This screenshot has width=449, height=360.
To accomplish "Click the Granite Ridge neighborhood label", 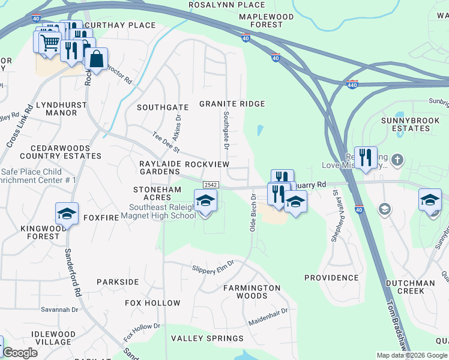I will tap(232, 104).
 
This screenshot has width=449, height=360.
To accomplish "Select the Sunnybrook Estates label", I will tap(406, 124).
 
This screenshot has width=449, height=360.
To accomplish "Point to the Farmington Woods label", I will tap(252, 292).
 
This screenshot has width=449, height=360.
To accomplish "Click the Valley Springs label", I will tap(207, 338).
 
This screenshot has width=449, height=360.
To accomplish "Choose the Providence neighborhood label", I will tap(331, 278).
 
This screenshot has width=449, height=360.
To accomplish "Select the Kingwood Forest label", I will tap(40, 232).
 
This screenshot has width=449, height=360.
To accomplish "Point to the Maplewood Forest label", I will tap(261, 20).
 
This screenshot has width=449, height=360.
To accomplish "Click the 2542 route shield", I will tap(210, 185).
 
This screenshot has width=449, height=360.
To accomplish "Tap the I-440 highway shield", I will tap(352, 85).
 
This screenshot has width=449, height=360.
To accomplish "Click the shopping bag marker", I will tap(95, 59).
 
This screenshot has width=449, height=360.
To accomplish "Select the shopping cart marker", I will tap(50, 42).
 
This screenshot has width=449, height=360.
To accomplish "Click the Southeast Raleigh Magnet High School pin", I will tap(205, 200).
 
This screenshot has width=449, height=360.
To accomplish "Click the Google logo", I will tap(19, 353).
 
